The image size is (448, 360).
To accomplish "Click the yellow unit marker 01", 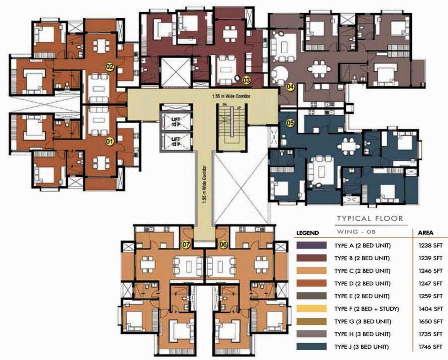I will (x=110, y=140).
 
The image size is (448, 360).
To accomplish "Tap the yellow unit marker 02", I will (x=110, y=67).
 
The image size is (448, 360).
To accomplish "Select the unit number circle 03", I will (x=246, y=81).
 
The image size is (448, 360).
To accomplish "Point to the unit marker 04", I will (x=290, y=87).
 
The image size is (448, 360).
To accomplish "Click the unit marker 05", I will (x=290, y=123).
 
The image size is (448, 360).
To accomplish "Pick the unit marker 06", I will (x=223, y=244).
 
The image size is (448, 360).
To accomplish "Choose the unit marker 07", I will (x=186, y=244).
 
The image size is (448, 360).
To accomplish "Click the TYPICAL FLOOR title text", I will (x=370, y=218).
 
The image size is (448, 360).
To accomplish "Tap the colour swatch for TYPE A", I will (x=311, y=246).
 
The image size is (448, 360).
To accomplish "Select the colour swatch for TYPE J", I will (x=311, y=347).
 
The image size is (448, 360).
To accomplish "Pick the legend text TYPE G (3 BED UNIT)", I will (x=362, y=322).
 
